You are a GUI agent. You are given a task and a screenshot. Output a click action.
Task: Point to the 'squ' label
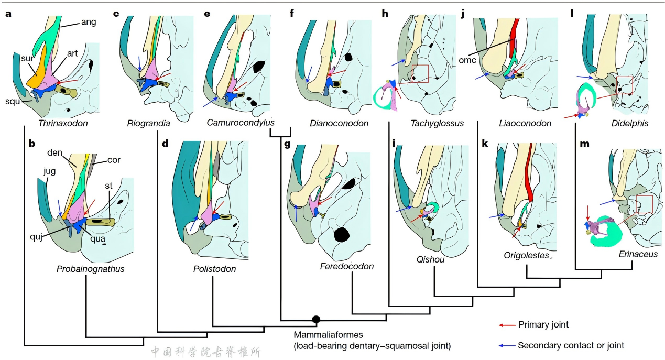point(21,101)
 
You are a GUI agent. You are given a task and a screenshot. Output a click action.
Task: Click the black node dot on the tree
point(316,319)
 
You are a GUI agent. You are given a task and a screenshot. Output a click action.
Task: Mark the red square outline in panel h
point(420,74)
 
